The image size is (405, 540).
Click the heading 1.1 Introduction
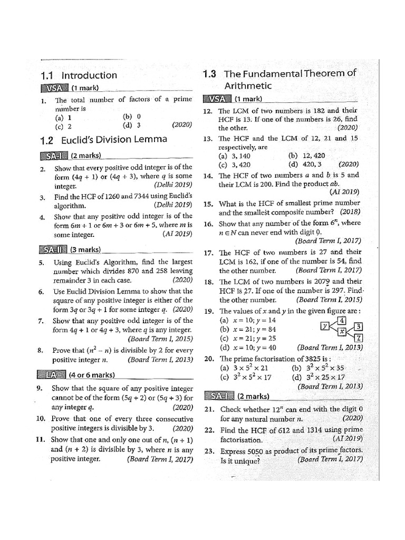pos(79,75)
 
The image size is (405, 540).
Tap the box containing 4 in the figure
pos(342,320)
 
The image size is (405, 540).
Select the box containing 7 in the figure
pos(358,337)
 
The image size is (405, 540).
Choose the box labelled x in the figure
pos(342,332)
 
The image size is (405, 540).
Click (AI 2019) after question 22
pos(346,438)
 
